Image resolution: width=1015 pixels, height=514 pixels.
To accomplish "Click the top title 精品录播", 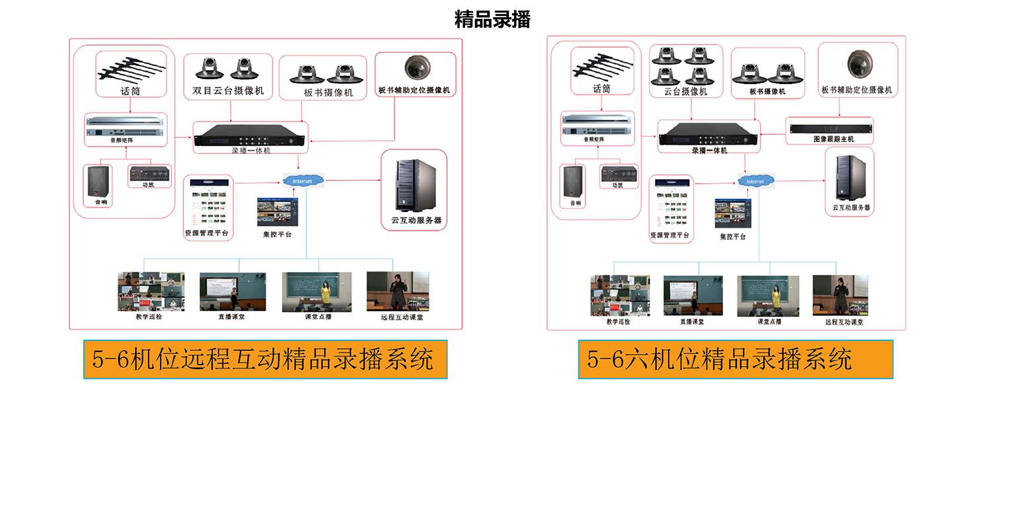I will coord(492,19).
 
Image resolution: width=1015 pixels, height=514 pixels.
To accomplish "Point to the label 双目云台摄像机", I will coord(228,91).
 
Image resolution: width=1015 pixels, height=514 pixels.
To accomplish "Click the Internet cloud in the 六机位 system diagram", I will coord(755,181).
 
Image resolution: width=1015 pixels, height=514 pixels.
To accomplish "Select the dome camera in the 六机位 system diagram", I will coord(860,64).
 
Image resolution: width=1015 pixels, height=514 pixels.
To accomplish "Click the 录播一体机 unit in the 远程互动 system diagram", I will coord(250,135).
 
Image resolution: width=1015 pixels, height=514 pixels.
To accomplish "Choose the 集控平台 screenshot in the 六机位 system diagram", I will coord(733,213).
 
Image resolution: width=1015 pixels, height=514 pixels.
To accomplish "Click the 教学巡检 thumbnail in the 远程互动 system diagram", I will coord(151,291).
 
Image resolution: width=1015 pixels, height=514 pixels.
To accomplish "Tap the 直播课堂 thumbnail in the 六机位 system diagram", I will coord(693,295).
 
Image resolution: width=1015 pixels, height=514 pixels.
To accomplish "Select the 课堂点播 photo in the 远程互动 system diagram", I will coord(318,291).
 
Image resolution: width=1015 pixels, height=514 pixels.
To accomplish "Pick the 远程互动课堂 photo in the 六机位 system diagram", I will coord(840,295).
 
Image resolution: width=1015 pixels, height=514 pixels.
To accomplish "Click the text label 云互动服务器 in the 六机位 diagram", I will coord(851,207).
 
